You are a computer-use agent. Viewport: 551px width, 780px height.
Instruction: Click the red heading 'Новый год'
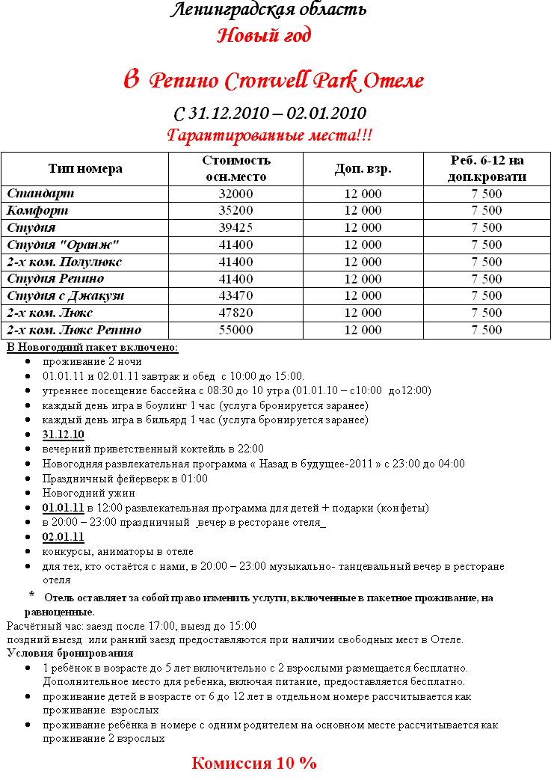(264, 35)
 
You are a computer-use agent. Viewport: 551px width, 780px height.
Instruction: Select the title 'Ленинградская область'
(268, 10)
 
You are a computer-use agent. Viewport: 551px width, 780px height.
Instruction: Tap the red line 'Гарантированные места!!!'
(269, 136)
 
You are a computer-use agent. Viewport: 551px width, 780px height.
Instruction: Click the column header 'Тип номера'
(85, 168)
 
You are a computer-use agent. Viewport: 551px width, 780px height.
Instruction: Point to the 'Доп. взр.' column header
(363, 168)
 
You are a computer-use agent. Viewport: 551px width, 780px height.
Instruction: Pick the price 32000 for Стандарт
(236, 194)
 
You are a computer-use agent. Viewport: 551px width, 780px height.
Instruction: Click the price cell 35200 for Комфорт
(236, 211)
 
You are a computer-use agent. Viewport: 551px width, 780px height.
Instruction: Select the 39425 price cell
(236, 227)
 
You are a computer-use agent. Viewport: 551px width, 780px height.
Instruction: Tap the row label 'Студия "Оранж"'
(63, 245)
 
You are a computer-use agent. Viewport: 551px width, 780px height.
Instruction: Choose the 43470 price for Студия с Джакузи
(236, 295)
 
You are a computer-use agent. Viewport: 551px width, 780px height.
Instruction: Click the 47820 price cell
(236, 313)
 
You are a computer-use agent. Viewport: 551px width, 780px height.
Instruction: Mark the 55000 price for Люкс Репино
(236, 330)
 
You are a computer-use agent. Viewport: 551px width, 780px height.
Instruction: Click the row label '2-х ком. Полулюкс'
(64, 262)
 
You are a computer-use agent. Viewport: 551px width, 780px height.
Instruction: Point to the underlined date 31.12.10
(64, 434)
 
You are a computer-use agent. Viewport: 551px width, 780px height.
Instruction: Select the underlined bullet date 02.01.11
(64, 537)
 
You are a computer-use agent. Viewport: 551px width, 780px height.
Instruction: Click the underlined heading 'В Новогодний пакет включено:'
(92, 347)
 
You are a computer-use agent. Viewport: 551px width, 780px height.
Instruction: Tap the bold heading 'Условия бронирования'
(60, 653)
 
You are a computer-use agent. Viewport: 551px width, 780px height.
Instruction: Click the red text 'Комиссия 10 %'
(254, 763)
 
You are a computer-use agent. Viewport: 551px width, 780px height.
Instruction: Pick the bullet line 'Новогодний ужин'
(88, 493)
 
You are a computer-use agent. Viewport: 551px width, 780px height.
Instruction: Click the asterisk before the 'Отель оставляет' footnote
(32, 595)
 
